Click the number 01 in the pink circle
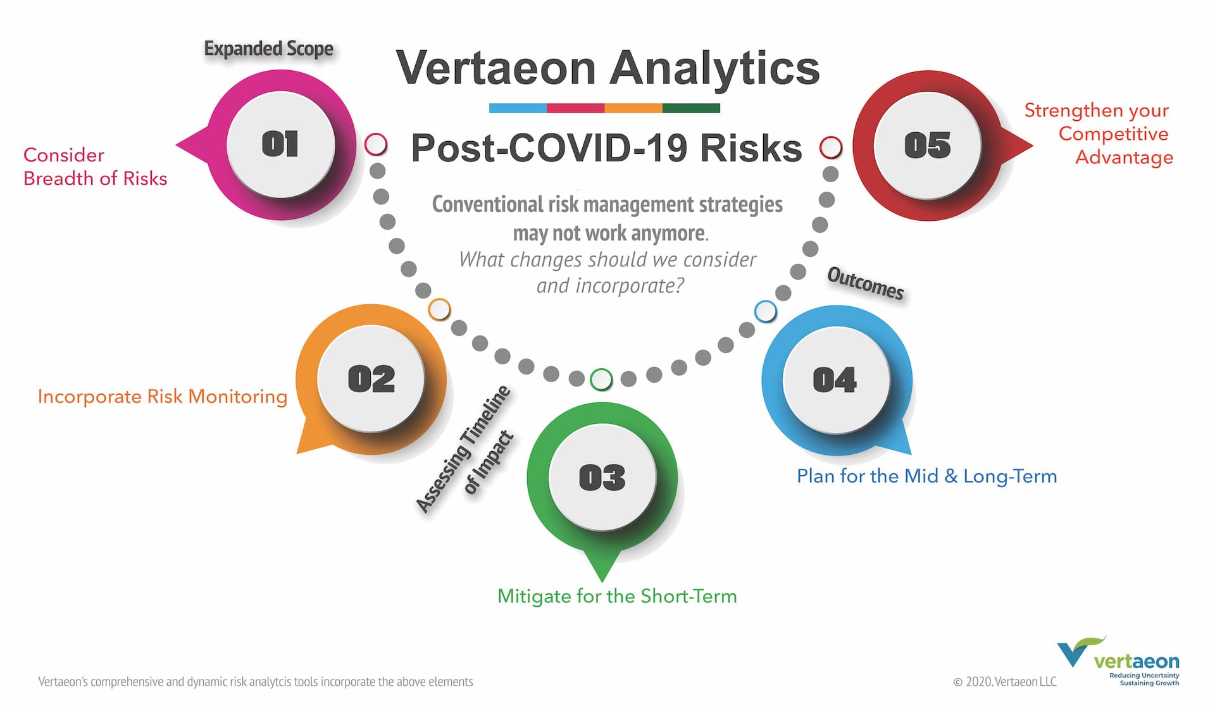[x=280, y=144]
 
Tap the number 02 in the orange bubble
[x=371, y=380]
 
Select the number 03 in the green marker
[x=602, y=478]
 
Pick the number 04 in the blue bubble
[x=835, y=380]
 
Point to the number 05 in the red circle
[x=928, y=146]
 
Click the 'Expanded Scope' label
[x=268, y=49]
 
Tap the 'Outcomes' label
[x=866, y=283]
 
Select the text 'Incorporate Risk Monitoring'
[x=163, y=397]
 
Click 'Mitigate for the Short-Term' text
[x=617, y=596]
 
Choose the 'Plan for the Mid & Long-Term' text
[x=927, y=476]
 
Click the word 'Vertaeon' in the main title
[x=496, y=68]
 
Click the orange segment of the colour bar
[x=633, y=108]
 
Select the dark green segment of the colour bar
[x=691, y=108]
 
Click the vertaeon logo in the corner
[x=1118, y=661]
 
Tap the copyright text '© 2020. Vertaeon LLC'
[x=1005, y=681]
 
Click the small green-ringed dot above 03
[x=601, y=380]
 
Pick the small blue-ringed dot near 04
[x=766, y=311]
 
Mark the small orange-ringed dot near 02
[x=439, y=310]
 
